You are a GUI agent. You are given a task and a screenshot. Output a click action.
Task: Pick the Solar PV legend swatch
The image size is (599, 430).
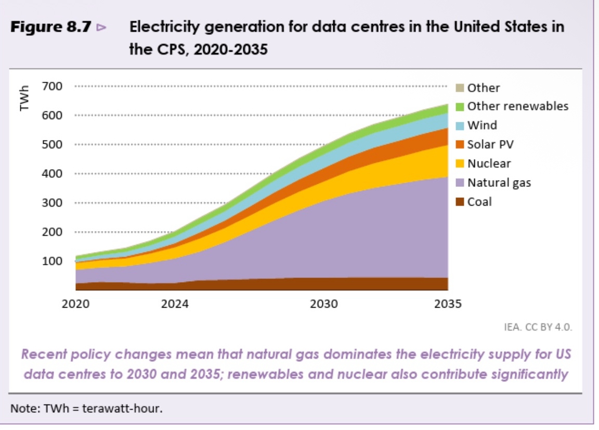(460, 144)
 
